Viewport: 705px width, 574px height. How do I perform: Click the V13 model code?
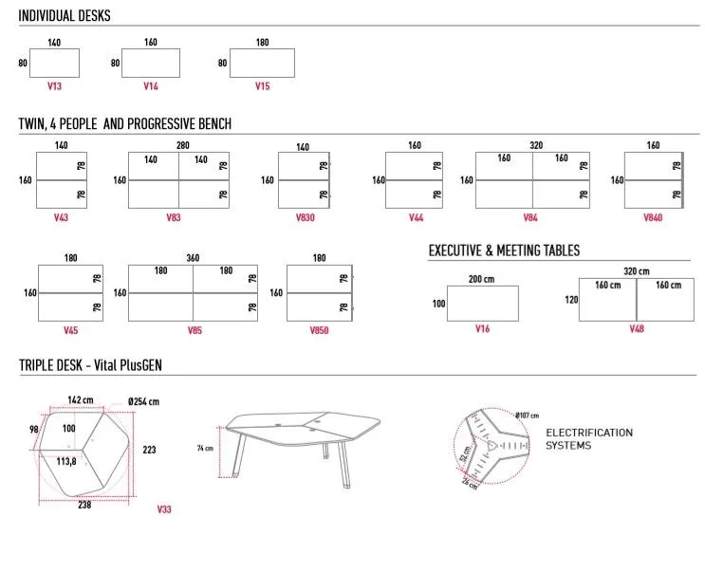[54, 86]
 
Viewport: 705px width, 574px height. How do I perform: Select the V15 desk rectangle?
[262, 63]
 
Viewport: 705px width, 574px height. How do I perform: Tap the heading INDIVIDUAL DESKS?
[65, 16]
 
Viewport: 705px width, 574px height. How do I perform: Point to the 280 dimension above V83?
[183, 145]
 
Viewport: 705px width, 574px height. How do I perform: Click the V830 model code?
[304, 217]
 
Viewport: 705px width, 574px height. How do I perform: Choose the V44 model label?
[416, 217]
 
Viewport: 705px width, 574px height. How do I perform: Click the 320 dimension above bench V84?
[536, 145]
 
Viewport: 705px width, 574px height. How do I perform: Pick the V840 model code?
[653, 217]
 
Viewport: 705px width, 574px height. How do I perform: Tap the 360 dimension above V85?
[193, 257]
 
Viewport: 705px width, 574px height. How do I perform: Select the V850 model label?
[319, 330]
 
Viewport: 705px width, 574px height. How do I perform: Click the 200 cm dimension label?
[482, 279]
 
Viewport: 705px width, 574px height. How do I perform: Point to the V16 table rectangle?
[483, 304]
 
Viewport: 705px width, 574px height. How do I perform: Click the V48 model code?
[637, 328]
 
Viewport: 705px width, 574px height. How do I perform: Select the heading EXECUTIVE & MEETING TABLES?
[504, 250]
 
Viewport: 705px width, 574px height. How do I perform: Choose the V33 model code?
[164, 509]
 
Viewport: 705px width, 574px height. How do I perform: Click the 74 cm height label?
[204, 447]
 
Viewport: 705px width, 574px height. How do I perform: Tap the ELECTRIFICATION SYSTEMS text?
[588, 438]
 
